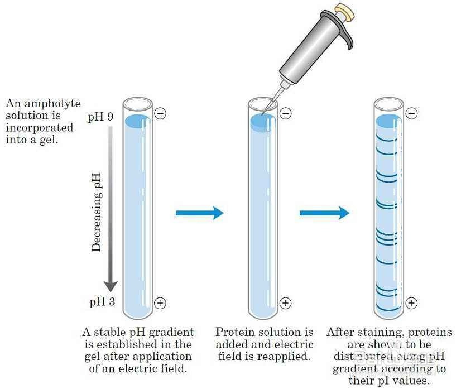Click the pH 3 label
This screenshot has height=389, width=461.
coord(102,302)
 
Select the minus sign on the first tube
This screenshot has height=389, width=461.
coord(160,114)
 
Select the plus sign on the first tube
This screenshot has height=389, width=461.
coord(160,303)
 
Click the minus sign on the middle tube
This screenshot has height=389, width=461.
coord(285,114)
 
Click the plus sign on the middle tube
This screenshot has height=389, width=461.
coord(285,303)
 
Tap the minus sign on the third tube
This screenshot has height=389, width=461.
coord(411,114)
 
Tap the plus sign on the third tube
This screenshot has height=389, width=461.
coord(411,303)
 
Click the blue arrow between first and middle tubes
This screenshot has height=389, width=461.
coord(199,213)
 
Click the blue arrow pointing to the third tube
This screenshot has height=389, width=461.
coord(324,213)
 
